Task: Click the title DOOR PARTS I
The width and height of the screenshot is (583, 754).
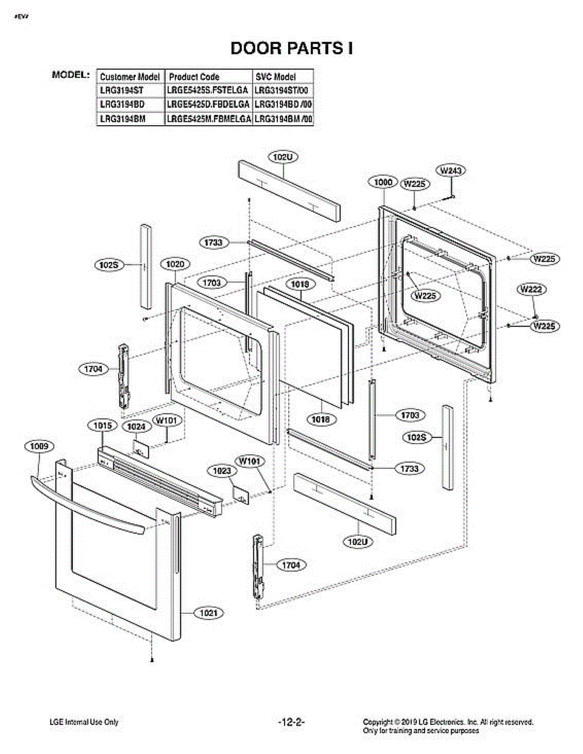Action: (x=291, y=48)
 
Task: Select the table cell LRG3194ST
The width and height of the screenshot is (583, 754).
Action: (x=122, y=90)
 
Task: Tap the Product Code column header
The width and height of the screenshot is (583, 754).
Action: (x=194, y=77)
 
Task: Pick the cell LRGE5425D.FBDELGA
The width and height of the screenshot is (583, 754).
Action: (x=209, y=104)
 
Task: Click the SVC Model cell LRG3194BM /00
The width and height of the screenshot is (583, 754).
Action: (x=283, y=118)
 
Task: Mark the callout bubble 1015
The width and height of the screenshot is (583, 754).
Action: (x=103, y=426)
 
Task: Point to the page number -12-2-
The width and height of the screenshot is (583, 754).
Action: (x=291, y=723)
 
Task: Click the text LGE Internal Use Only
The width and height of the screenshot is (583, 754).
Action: (x=84, y=723)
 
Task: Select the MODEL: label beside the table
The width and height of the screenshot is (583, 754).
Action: (x=70, y=75)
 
